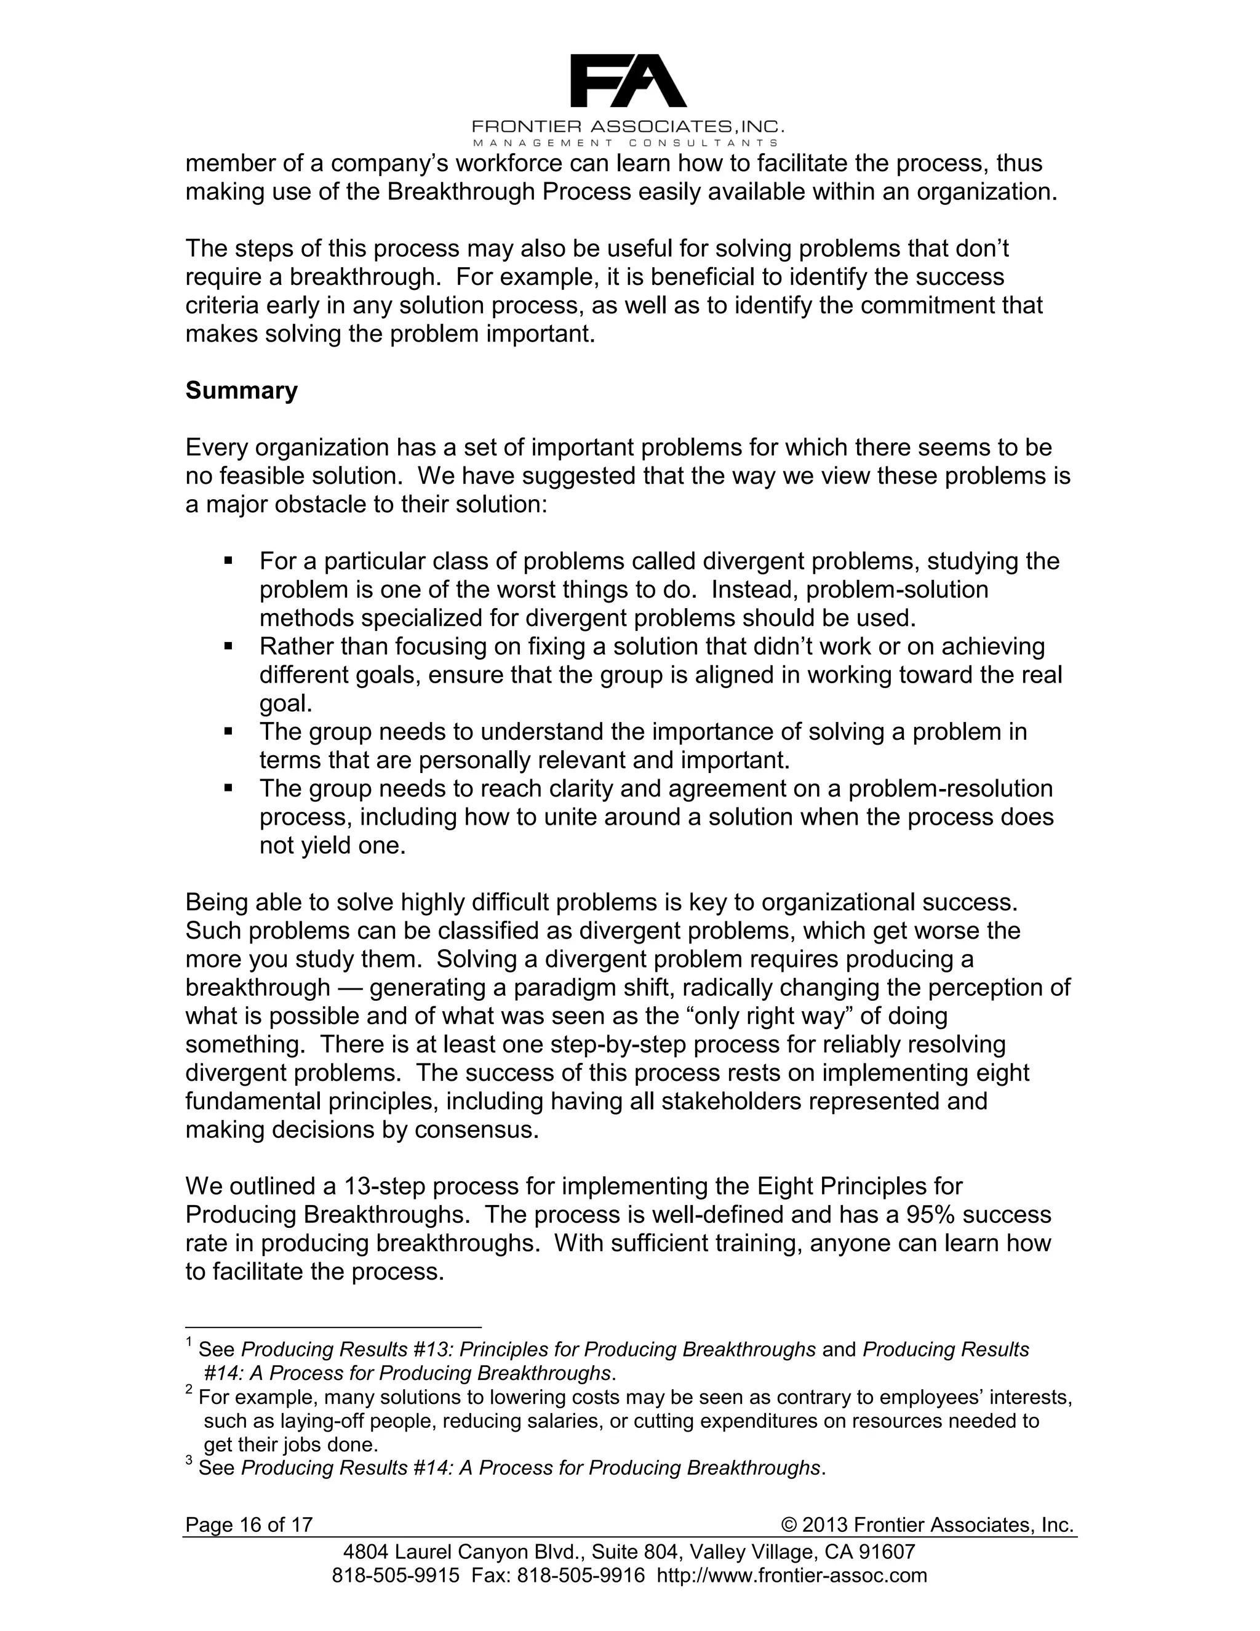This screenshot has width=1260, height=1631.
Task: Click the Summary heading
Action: pos(241,391)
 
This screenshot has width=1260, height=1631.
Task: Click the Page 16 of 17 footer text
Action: pos(249,1525)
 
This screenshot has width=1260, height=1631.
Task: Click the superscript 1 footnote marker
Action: pos(189,1344)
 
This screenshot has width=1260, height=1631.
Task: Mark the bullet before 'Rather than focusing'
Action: pos(228,646)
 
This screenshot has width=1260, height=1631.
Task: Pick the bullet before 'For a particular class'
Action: pos(228,561)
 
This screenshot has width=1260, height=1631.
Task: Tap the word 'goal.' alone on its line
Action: pos(285,703)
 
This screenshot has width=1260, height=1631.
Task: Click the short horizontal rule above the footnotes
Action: pos(333,1328)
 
